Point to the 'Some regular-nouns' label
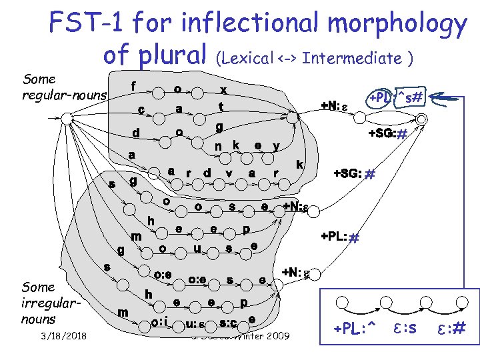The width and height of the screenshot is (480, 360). (x=63, y=87)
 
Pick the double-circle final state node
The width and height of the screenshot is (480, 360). (x=421, y=118)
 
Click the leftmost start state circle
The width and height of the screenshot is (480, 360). (x=66, y=118)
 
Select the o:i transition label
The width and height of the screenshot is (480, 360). (x=158, y=323)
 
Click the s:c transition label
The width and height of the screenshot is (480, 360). (x=229, y=323)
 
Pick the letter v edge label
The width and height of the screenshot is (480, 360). (x=229, y=173)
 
